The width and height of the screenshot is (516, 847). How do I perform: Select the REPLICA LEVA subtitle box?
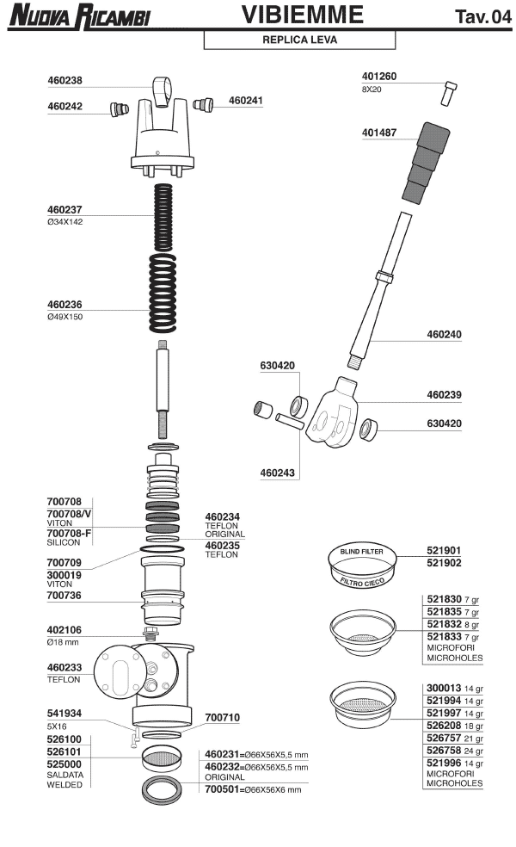pyautogui.click(x=299, y=40)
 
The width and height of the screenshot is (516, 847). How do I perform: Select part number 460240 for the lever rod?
pyautogui.click(x=445, y=334)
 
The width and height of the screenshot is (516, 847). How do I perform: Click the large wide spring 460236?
pyautogui.click(x=163, y=294)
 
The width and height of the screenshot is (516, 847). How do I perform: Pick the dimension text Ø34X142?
pyautogui.click(x=65, y=221)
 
